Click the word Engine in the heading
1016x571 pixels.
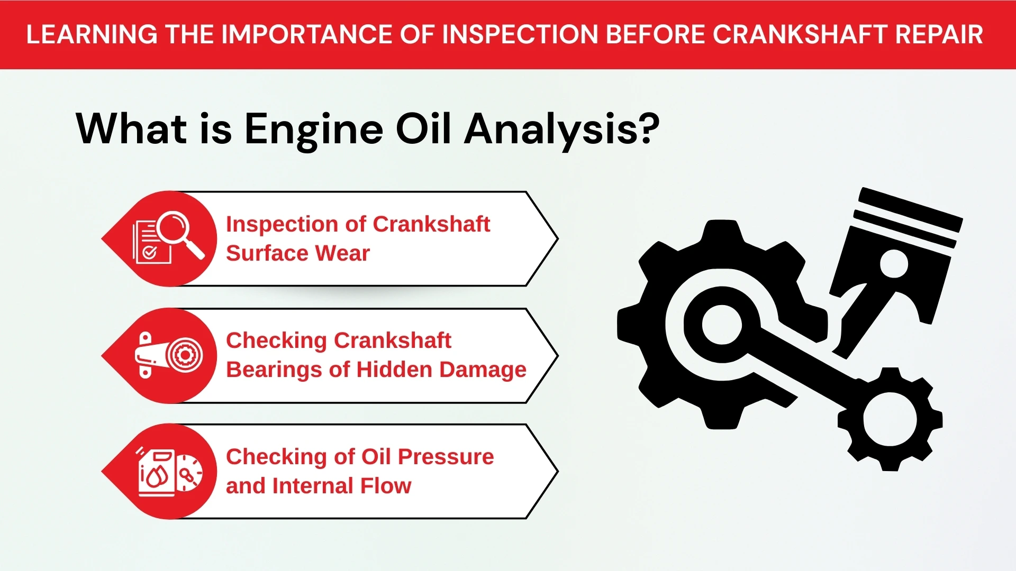click(x=313, y=130)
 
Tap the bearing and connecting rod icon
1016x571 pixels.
click(x=168, y=355)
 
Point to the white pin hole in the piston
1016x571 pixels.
click(x=894, y=263)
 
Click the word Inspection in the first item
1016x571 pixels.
click(x=282, y=224)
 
